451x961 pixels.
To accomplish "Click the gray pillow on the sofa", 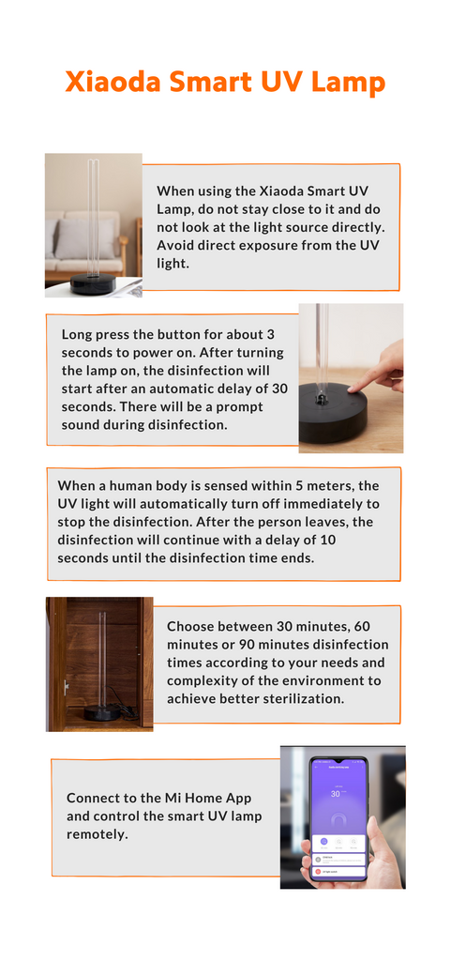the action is tap(85, 238).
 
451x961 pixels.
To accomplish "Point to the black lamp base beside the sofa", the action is tap(93, 284).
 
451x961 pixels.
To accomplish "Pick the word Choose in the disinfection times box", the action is tap(189, 627).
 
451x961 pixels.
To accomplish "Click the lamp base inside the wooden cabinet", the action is tap(101, 712).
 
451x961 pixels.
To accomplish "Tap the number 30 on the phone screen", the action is tap(336, 794).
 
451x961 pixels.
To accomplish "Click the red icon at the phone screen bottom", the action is tap(318, 871).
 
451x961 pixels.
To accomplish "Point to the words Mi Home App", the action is tap(209, 799).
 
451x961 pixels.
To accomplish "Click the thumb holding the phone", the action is tap(313, 852).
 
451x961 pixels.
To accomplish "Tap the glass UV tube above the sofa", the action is tap(93, 217).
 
